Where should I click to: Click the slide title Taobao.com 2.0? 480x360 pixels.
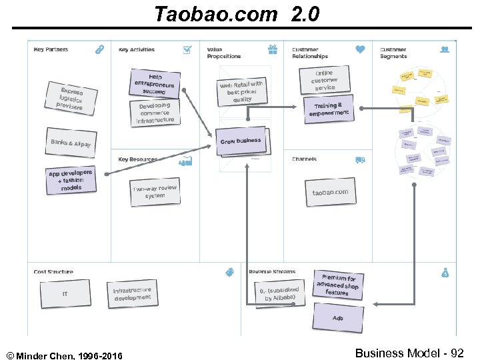[237, 13]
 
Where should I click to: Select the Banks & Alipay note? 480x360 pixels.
[71, 143]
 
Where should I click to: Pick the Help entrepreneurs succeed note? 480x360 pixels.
[155, 83]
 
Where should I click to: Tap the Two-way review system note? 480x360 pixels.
[155, 192]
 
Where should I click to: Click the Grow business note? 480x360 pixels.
[241, 141]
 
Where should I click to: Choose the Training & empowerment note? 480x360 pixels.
[328, 109]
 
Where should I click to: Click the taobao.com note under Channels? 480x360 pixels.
[330, 193]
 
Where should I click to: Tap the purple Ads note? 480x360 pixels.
[338, 318]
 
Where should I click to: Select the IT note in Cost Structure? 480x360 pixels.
[65, 294]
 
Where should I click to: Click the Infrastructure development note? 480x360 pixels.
[132, 293]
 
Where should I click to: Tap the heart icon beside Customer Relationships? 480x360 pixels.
[360, 49]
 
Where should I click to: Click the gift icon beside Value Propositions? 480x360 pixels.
[272, 49]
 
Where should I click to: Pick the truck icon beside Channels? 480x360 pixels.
[360, 160]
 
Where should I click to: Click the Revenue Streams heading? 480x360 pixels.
[272, 272]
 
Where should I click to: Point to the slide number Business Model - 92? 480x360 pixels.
[409, 353]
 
